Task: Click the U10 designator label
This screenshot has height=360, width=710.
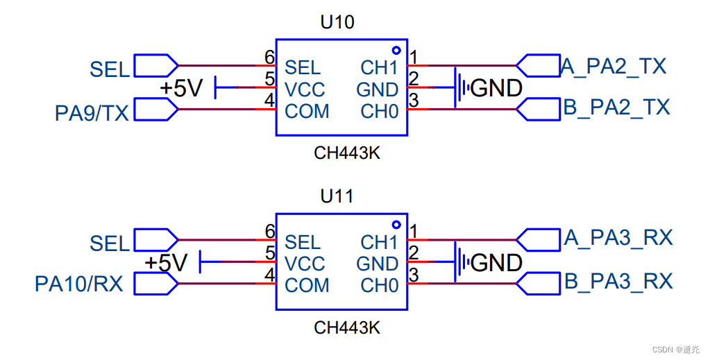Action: pyautogui.click(x=337, y=22)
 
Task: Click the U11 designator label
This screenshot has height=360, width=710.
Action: pyautogui.click(x=337, y=196)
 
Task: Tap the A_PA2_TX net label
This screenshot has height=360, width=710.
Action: pyautogui.click(x=613, y=66)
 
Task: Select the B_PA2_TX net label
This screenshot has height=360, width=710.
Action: pyautogui.click(x=616, y=108)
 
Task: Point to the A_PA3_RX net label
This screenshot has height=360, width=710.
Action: pyautogui.click(x=618, y=238)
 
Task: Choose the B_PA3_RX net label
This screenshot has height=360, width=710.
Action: pyautogui.click(x=618, y=281)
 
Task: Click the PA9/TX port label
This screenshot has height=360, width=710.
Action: pyautogui.click(x=92, y=113)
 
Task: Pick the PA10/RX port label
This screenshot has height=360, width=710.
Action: pyautogui.click(x=79, y=284)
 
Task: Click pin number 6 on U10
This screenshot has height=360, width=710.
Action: pyautogui.click(x=270, y=57)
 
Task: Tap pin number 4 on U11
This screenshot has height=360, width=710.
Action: pyautogui.click(x=270, y=275)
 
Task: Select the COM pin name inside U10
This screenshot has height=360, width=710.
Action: pyautogui.click(x=307, y=112)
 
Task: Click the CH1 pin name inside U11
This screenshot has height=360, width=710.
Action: pyautogui.click(x=379, y=242)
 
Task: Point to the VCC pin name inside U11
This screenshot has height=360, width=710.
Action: pyautogui.click(x=305, y=264)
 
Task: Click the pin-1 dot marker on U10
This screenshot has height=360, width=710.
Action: pyautogui.click(x=396, y=50)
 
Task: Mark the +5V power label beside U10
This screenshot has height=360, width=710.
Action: pyautogui.click(x=181, y=88)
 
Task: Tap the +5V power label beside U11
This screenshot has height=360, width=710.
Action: pyautogui.click(x=166, y=263)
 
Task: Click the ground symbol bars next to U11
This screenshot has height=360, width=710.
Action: pyautogui.click(x=461, y=262)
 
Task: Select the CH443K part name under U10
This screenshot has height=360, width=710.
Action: pyautogui.click(x=347, y=153)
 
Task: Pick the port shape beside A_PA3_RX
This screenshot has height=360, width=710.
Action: pyautogui.click(x=539, y=240)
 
